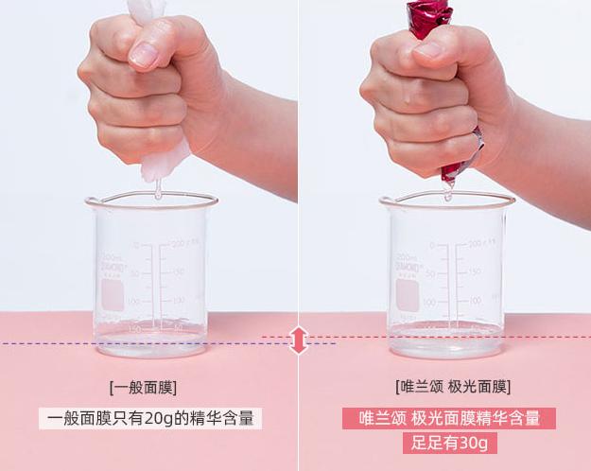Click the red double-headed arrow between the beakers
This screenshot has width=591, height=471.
point(300,340)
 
